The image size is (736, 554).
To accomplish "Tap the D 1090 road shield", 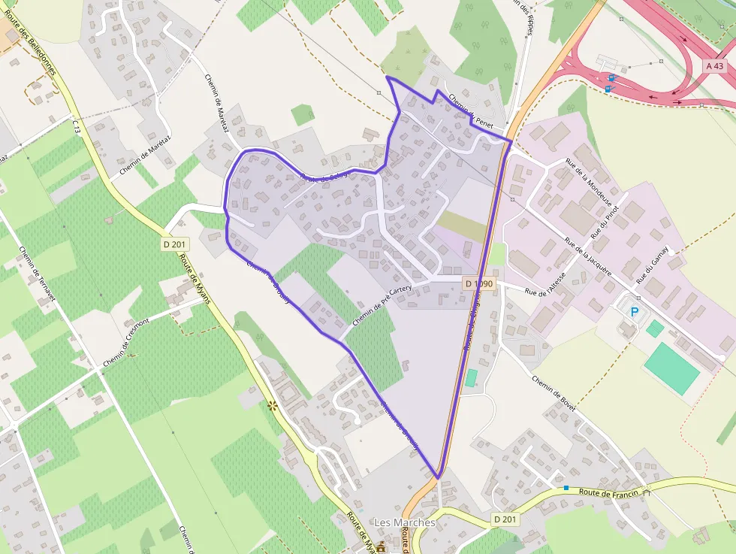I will pyautogui.click(x=478, y=283).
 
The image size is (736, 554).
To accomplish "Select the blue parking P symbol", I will pyautogui.click(x=635, y=311).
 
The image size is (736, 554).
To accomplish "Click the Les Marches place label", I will pyautogui.click(x=404, y=522).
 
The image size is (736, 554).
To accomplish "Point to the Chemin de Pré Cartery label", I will pyautogui.click(x=382, y=304).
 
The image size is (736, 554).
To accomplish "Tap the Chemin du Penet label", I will pyautogui.click(x=470, y=110).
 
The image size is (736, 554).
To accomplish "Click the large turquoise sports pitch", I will pyautogui.click(x=672, y=368).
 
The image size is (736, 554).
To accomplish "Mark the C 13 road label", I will pyautogui.click(x=77, y=125).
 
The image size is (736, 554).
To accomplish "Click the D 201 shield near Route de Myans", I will pyautogui.click(x=176, y=244).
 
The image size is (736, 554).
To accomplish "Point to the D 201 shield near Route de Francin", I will pyautogui.click(x=506, y=519).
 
